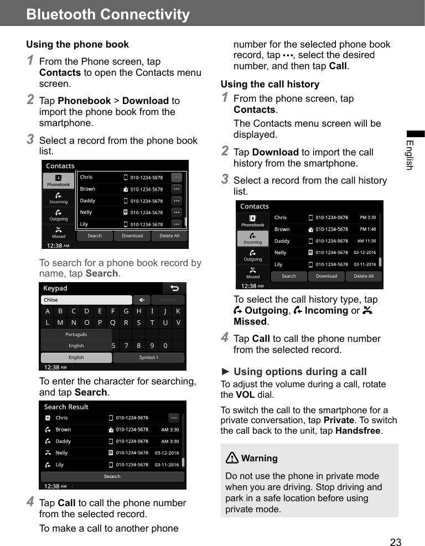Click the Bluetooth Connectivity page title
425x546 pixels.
coord(108,14)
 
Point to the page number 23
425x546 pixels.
coord(396,542)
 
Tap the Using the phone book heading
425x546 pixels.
coord(77,44)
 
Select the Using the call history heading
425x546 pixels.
coord(270,84)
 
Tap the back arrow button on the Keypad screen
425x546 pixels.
coord(174,288)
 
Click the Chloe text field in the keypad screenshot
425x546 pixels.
coord(86,300)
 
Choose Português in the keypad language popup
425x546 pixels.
coord(76,335)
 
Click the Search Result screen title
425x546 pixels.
coord(66,407)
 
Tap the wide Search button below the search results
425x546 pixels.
coord(112,476)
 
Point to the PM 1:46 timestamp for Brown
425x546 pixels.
coord(367,229)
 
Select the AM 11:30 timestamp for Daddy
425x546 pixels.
coord(366,241)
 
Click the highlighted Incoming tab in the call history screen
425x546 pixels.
coord(253,238)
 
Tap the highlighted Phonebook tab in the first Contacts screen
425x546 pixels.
coord(58,181)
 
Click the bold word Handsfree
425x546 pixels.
coord(359,431)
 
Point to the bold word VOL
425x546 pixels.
coord(245,395)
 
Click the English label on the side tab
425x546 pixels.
coord(410,155)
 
